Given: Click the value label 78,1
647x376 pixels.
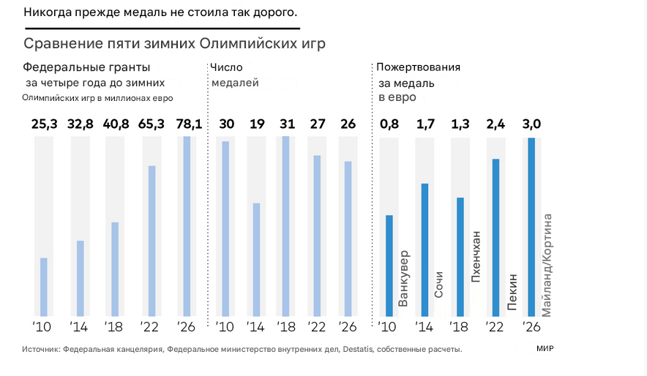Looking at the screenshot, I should pos(187,124).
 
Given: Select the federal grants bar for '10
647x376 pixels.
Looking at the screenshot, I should pos(44,287).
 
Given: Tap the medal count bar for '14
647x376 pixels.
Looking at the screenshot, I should pos(256,260).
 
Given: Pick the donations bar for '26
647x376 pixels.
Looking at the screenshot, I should pos(531,227).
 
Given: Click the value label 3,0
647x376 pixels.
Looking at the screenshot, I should pos(531,124).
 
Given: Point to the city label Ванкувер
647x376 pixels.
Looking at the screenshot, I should pos(404,279).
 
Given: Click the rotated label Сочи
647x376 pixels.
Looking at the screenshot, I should pos(439,284).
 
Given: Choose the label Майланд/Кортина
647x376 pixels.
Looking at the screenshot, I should pos(547,263).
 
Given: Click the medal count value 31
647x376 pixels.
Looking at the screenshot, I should pos(285,124).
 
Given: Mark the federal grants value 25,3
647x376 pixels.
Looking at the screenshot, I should pos(44,124).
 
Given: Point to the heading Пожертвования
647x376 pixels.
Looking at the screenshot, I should pos(418,67).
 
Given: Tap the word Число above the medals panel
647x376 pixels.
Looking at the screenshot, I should pos(226,67).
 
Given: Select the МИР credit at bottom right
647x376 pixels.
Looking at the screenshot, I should pos(545,350).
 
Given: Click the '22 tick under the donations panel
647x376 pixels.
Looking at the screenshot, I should pos(495,326).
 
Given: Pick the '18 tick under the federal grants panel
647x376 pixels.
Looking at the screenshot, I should pos(115,326).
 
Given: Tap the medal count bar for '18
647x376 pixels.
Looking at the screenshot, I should pos(285,227).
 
